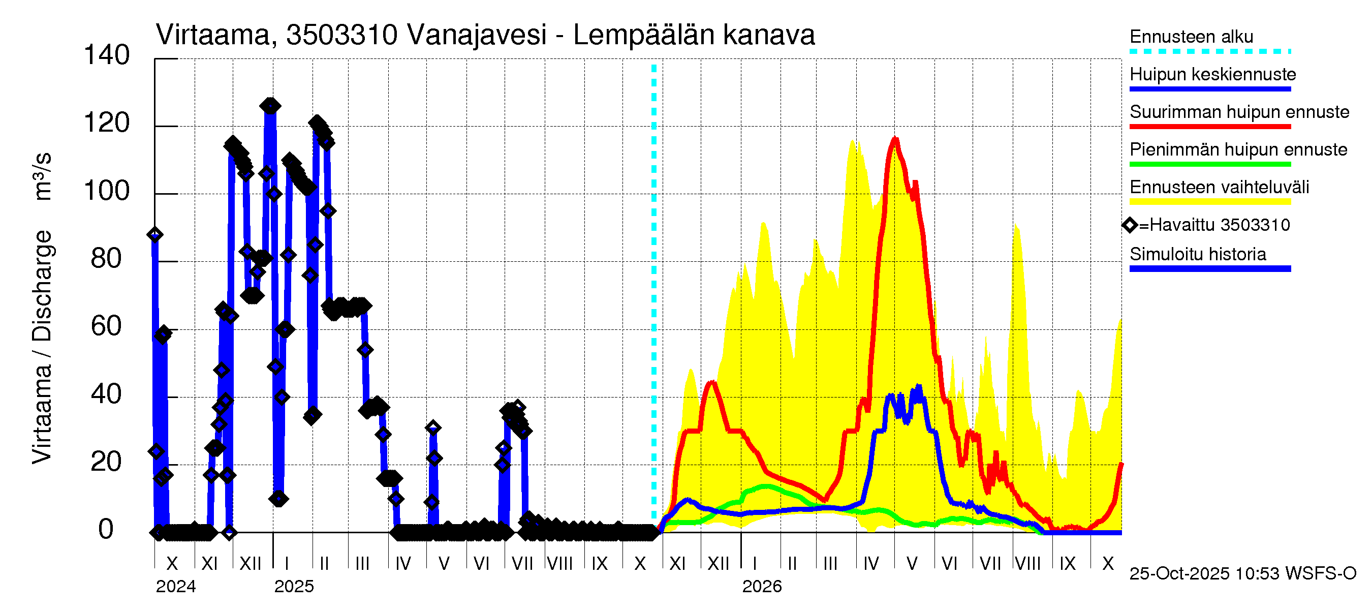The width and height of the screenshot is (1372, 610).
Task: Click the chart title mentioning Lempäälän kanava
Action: point(485,35)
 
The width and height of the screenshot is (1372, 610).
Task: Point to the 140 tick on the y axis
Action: point(107,55)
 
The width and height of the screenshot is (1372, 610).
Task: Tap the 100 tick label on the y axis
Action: point(107,191)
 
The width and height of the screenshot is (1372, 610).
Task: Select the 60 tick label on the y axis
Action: point(107,326)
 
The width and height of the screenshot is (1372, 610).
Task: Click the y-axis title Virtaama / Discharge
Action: point(42,346)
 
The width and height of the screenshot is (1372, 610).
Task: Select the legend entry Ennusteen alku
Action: point(1191,37)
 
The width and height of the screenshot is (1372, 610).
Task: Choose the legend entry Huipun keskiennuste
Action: point(1212,74)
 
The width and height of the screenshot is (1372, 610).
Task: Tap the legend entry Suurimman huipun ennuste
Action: point(1239,112)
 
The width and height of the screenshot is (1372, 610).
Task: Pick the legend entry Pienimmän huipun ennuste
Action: point(1238,149)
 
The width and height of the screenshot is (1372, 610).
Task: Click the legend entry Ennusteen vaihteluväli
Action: point(1219,187)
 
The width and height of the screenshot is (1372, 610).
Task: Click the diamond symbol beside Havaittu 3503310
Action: point(1130,225)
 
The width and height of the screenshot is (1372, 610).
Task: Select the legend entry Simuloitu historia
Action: point(1197,254)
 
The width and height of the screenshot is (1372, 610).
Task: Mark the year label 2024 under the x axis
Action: point(176,587)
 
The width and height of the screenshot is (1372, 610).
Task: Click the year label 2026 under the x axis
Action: point(762,587)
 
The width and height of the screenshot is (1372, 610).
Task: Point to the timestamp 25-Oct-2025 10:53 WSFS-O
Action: point(1242,573)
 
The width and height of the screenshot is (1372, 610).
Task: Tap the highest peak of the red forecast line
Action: point(895,140)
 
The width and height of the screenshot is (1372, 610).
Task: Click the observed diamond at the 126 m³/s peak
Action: point(270,106)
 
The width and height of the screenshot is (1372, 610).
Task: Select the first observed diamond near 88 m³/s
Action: point(155,234)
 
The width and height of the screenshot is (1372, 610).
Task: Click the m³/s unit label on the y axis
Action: point(42,176)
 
